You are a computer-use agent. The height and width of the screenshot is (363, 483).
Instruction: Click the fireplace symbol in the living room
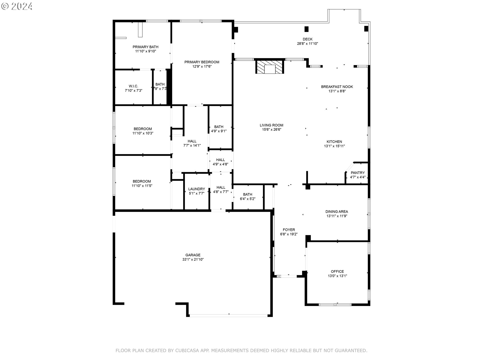[270, 67]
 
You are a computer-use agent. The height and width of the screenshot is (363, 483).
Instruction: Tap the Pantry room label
[357, 173]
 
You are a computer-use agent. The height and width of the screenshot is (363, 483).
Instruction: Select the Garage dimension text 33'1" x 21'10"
[193, 259]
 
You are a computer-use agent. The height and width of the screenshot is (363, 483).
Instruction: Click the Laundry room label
[196, 189]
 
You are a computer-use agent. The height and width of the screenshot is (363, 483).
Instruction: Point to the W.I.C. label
[133, 86]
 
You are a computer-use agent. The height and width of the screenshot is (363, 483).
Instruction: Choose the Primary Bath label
[145, 47]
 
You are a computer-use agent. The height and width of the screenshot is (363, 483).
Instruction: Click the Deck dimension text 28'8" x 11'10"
[307, 44]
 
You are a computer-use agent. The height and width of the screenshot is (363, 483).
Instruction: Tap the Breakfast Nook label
[337, 87]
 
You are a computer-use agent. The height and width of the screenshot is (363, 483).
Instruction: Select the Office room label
[337, 271]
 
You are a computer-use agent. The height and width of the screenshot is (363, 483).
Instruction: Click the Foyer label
[289, 230]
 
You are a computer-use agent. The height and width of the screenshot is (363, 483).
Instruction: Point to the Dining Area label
[337, 211]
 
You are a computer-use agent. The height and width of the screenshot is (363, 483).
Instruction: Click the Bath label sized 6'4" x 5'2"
[248, 194]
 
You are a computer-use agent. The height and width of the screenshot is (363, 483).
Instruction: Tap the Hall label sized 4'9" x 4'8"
[220, 160]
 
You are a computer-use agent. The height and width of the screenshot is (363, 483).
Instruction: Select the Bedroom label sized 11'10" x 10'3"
[143, 129]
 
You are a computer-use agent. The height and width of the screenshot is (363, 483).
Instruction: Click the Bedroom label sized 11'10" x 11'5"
[142, 181]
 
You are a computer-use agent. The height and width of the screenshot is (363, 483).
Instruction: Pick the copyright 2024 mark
[17, 6]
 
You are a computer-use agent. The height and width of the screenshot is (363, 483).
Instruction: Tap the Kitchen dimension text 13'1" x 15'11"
[334, 146]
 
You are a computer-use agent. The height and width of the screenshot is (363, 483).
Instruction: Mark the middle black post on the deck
[306, 29]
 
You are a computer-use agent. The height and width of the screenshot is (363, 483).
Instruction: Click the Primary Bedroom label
[202, 62]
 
